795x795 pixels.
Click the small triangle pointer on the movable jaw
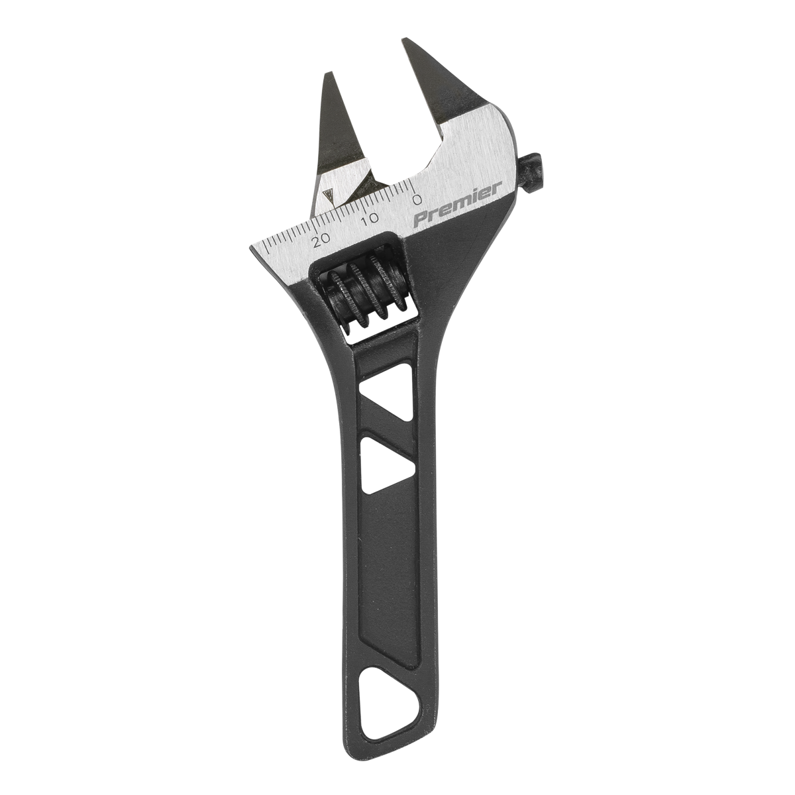[x=327, y=195]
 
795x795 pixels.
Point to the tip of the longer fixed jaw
[x=405, y=44]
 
